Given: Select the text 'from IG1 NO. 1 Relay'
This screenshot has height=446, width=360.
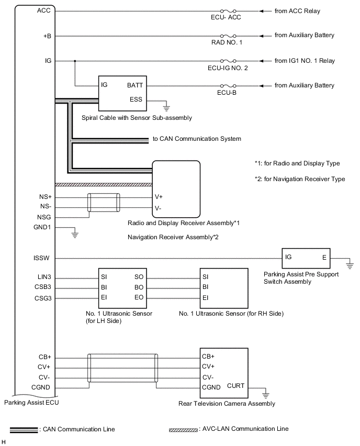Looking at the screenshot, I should pos(305,61).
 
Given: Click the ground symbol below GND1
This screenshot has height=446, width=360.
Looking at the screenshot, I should pos(75,235).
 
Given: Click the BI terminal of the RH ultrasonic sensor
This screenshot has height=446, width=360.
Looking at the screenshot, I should pos(205,287).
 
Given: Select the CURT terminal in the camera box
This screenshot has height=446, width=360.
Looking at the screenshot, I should pos(235,386).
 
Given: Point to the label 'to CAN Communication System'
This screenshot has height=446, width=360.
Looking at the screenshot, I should pos(197,139).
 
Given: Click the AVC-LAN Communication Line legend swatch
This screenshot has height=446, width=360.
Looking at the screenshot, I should pos(182,429).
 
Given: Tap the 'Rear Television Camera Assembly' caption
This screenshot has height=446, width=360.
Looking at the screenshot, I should pos(227,404).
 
